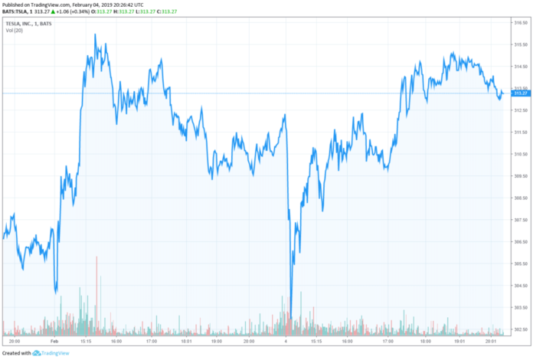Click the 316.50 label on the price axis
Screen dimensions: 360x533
click(521, 24)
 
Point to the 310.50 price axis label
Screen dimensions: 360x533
click(521, 155)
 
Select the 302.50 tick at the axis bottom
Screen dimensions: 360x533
click(521, 330)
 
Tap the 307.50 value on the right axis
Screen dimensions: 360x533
click(521, 221)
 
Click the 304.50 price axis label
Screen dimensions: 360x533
click(521, 286)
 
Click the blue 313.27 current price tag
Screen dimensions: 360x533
click(522, 93)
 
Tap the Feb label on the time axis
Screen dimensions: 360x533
click(54, 340)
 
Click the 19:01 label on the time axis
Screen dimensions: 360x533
click(459, 340)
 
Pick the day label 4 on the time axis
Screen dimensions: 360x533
click(285, 340)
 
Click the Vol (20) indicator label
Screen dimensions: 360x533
click(15, 30)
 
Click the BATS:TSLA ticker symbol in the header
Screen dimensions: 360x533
click(18, 12)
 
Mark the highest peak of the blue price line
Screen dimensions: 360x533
click(95, 34)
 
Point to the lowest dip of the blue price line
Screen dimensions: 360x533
click(290, 316)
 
